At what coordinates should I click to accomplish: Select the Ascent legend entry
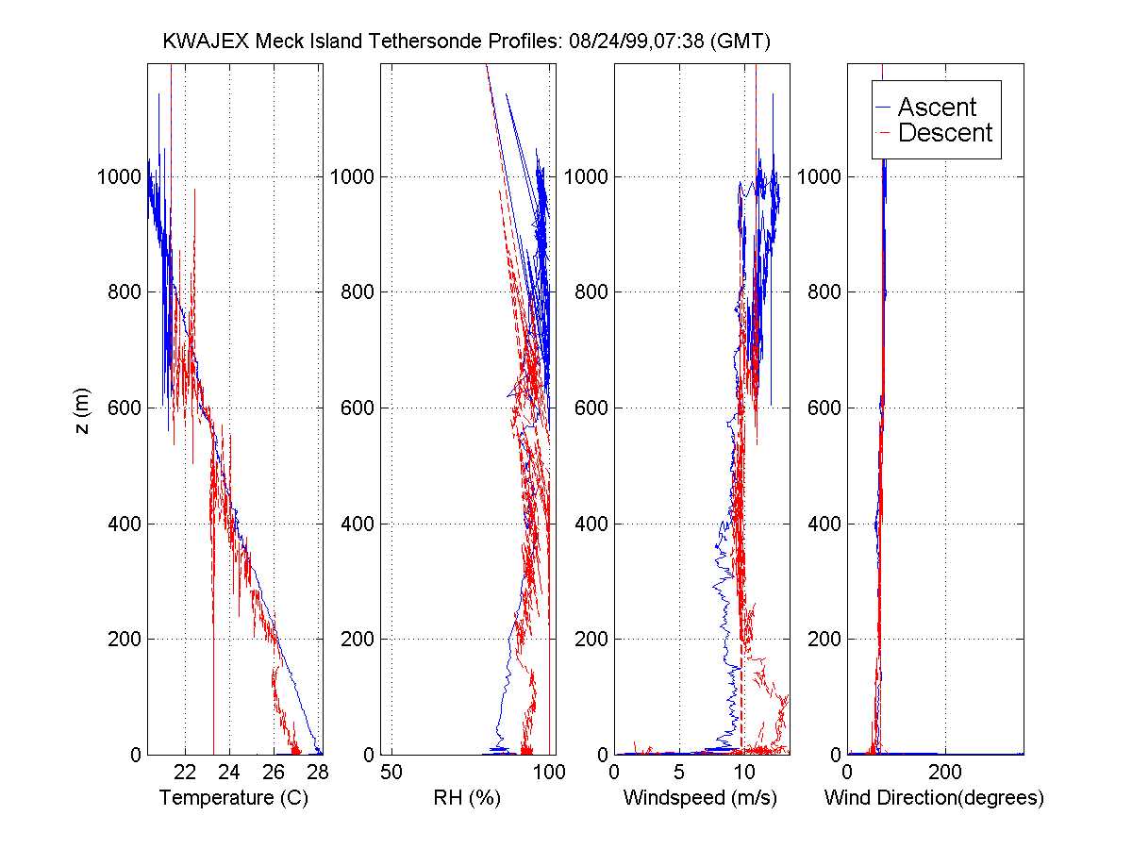(x=936, y=107)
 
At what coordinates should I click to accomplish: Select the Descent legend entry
(x=944, y=133)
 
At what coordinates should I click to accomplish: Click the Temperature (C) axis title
(x=234, y=798)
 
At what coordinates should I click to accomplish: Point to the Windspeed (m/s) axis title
(x=700, y=798)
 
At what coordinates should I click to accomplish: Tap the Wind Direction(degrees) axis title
(x=934, y=798)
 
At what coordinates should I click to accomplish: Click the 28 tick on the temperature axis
(x=318, y=773)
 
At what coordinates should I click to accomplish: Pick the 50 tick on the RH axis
(x=391, y=773)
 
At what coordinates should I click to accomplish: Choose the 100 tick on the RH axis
(x=550, y=773)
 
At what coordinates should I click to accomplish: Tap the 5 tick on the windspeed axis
(x=679, y=773)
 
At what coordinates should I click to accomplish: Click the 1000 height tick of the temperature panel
(x=118, y=177)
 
